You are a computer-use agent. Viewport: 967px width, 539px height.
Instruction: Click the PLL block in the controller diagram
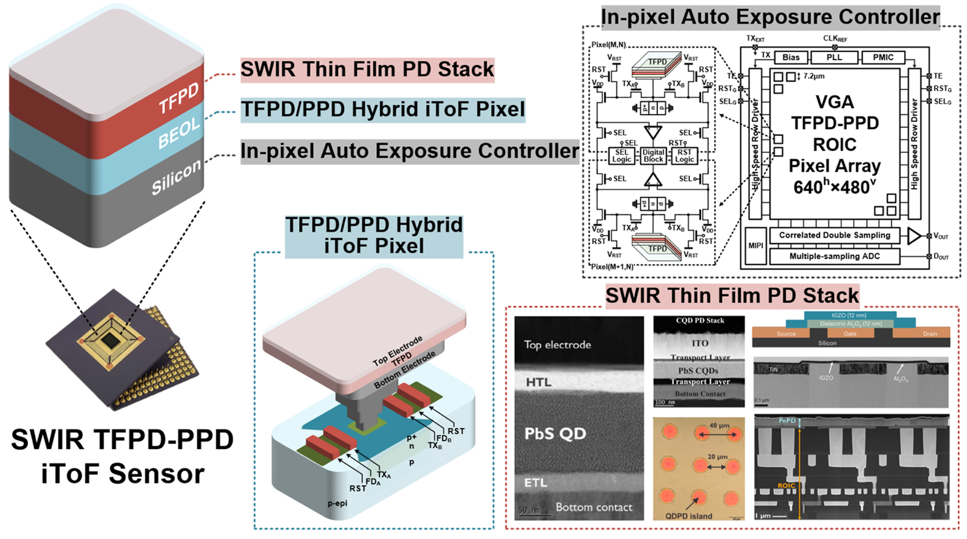834,57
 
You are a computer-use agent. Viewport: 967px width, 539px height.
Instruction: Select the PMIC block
883,57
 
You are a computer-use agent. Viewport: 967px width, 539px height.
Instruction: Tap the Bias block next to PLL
790,57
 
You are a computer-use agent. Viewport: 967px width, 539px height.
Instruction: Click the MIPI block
755,246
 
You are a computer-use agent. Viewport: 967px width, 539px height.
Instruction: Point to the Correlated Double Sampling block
834,235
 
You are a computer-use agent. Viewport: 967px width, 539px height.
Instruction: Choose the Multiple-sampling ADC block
834,256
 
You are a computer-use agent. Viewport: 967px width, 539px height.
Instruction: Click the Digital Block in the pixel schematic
653,156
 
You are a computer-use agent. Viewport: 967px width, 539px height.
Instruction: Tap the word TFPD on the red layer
178,98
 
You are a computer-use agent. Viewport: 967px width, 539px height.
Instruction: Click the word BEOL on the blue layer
178,133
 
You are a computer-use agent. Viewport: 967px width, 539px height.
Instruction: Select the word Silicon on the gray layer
176,177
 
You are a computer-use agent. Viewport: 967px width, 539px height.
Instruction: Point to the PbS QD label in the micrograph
555,434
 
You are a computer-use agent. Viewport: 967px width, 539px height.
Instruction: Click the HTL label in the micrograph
538,382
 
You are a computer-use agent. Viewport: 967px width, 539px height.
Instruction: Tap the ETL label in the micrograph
536,482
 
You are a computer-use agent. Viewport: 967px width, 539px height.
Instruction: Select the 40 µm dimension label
719,426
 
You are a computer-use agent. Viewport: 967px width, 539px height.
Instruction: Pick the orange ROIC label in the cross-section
786,486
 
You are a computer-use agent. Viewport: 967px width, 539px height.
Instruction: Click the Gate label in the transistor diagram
850,334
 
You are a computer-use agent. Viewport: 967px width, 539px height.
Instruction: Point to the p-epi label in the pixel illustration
337,503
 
